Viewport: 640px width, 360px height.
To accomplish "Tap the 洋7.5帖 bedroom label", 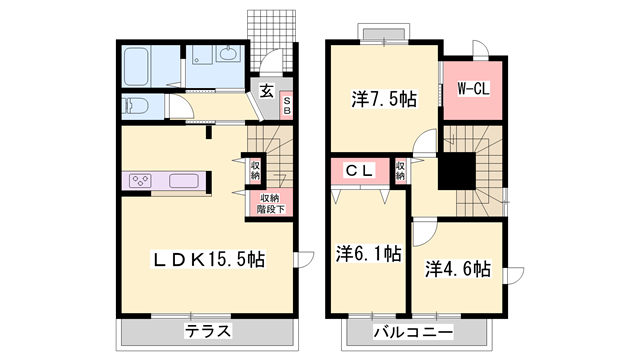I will (384, 100).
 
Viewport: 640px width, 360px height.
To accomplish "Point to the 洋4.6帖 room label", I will (457, 268).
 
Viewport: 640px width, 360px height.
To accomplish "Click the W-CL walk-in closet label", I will (473, 89).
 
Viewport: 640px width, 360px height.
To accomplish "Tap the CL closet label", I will (360, 172).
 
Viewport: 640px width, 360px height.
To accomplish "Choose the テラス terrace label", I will (208, 331).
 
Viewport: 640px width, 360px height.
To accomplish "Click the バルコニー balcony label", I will (413, 331).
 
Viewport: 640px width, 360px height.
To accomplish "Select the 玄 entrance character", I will (267, 91).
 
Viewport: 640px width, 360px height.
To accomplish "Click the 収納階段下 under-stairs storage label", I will (270, 203).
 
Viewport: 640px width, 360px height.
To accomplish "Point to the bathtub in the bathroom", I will (138, 67).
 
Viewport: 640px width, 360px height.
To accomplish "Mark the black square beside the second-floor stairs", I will (457, 172).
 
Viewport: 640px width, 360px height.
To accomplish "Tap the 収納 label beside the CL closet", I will (400, 172).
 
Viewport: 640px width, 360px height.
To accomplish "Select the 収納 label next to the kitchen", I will (256, 170).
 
